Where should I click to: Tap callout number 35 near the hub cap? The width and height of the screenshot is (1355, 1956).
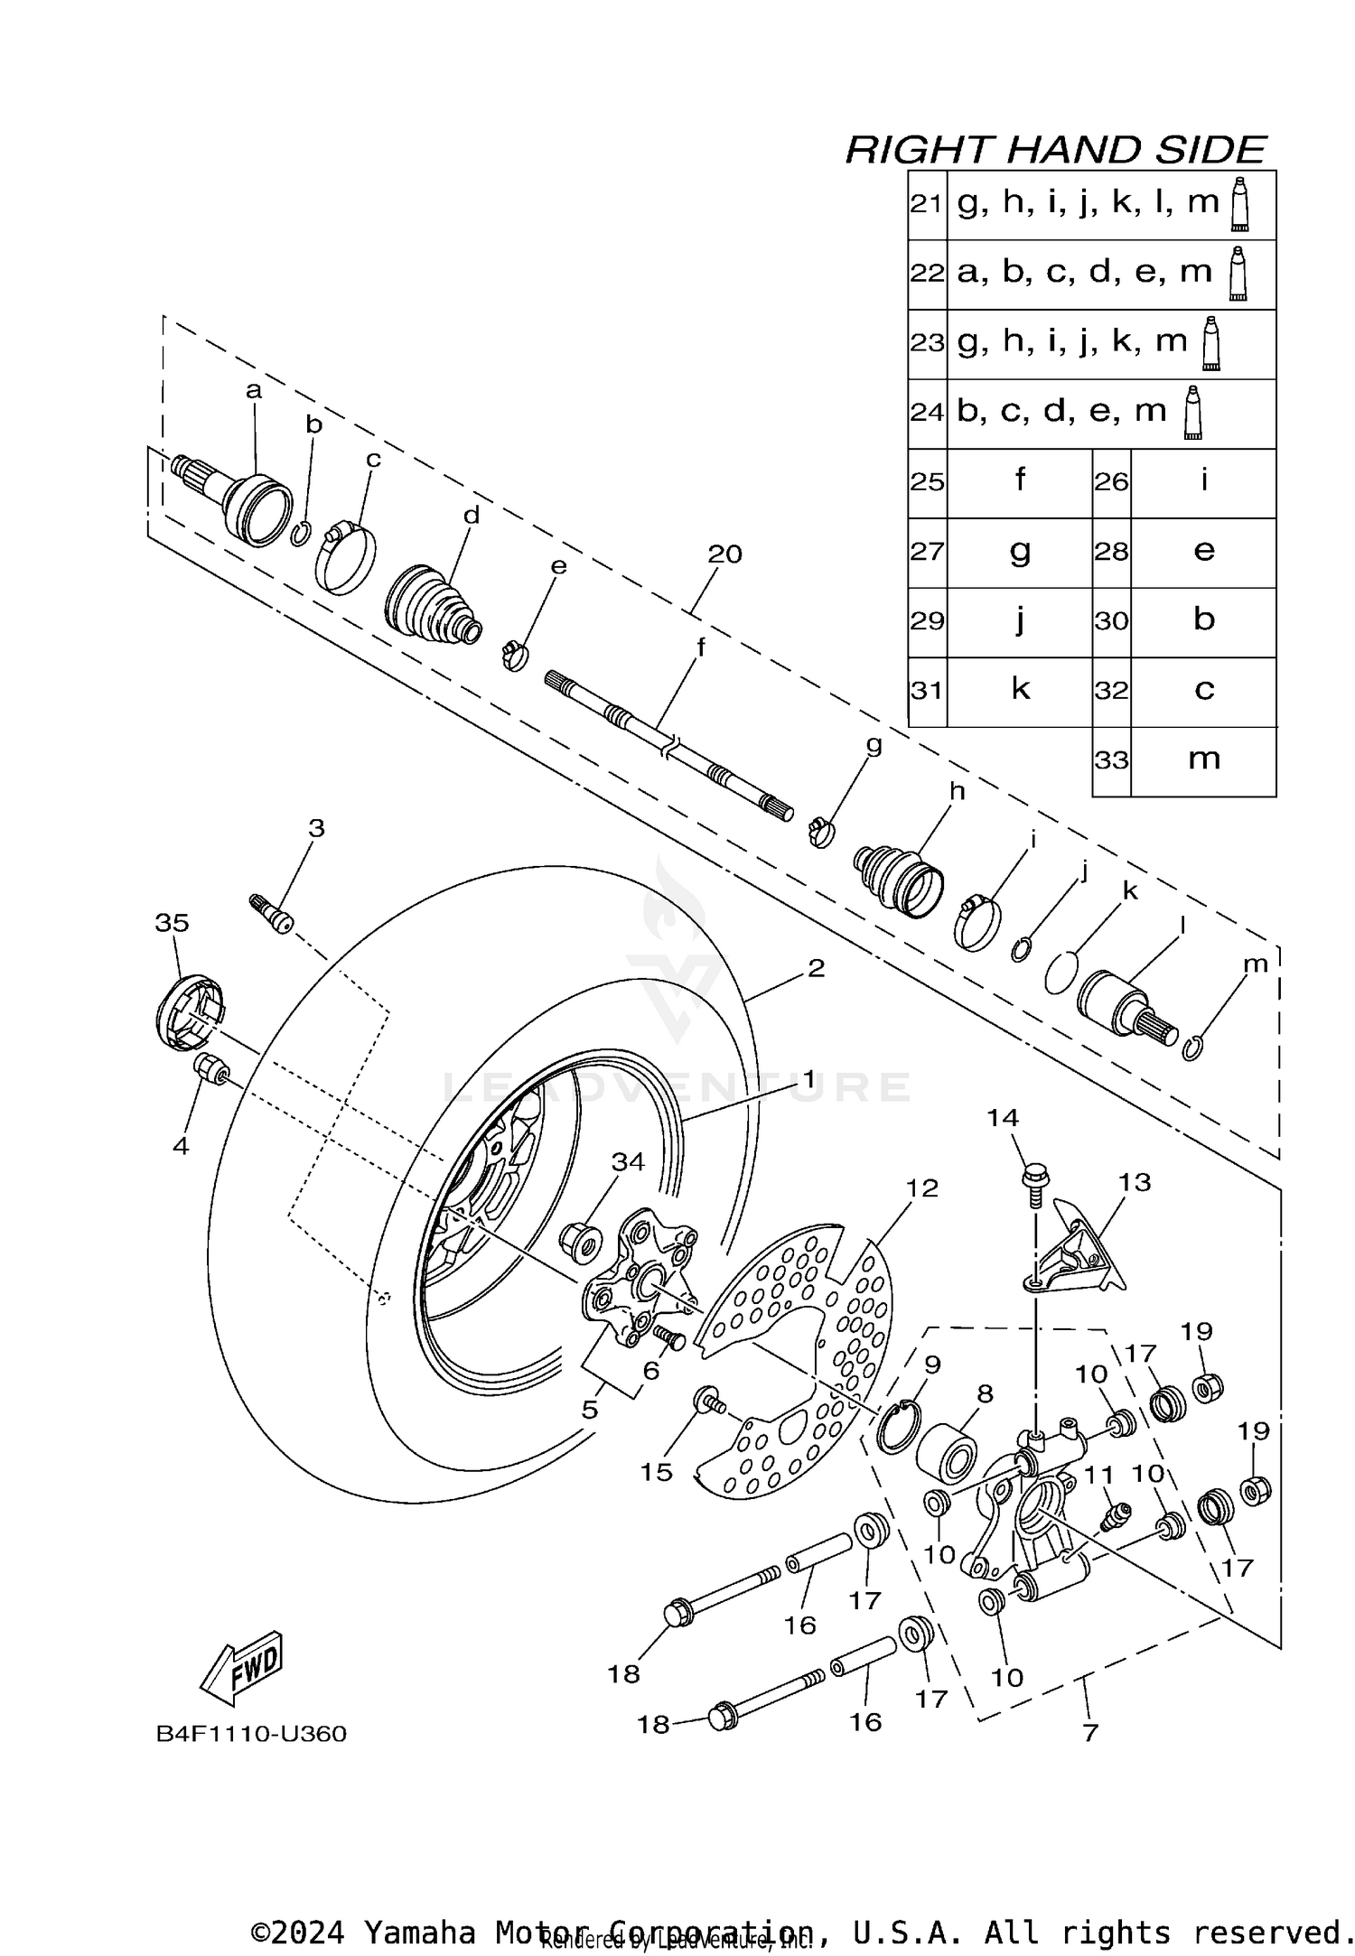172,922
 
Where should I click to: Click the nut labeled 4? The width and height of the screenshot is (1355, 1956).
208,1068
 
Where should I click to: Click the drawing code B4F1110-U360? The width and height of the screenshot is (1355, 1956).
251,1733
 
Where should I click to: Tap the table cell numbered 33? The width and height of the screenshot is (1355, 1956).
1111,760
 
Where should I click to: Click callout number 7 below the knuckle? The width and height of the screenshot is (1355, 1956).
1090,1732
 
